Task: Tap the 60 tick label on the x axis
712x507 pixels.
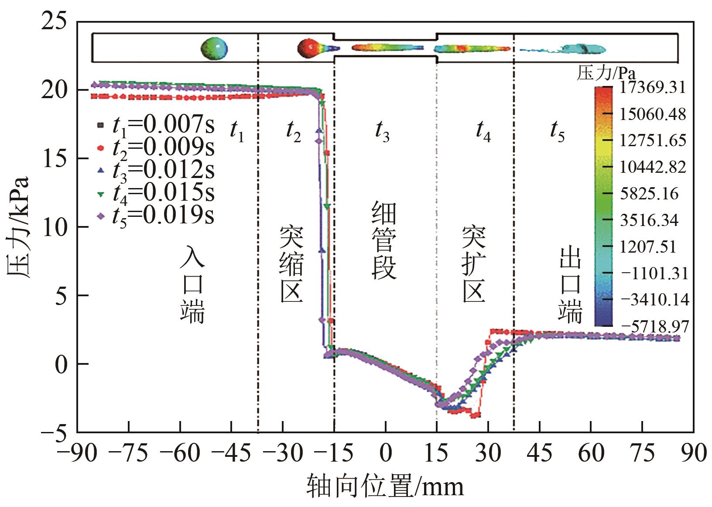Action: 591,453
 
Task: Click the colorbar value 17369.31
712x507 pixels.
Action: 653,87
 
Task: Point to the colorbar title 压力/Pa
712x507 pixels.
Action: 606,73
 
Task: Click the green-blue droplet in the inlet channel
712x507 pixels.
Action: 214,48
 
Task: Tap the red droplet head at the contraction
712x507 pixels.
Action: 308,48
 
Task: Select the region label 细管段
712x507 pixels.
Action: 384,240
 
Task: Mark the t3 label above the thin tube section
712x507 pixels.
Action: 383,130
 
